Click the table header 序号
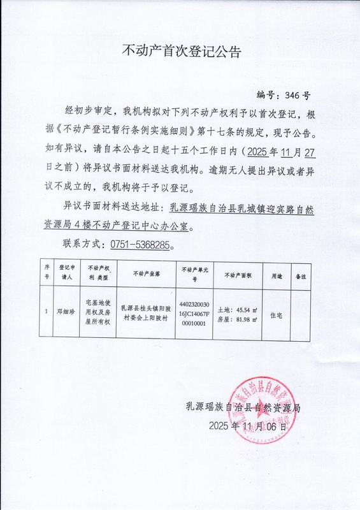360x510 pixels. coord(47,273)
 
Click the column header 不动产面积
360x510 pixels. coord(238,273)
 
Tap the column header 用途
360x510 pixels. coord(277,273)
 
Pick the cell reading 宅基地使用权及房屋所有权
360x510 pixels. coord(98,312)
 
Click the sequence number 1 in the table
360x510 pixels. coord(47,312)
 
